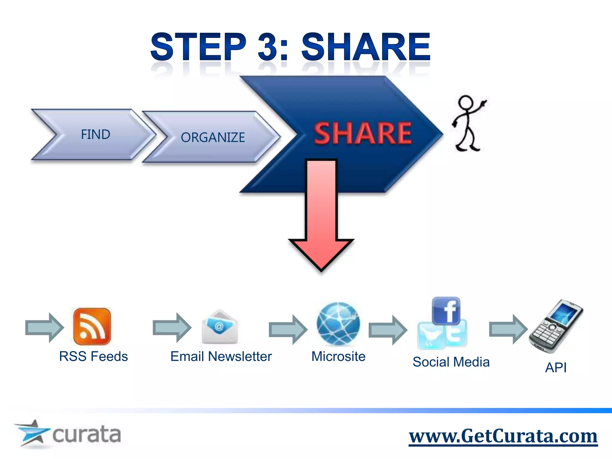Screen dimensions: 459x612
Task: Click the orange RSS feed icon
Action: pyautogui.click(x=92, y=326)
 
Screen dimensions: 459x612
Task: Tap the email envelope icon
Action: pyautogui.click(x=220, y=327)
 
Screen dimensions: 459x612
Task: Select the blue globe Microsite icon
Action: pyautogui.click(x=338, y=323)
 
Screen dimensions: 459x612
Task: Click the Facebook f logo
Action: pyautogui.click(x=446, y=311)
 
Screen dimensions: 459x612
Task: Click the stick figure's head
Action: pyautogui.click(x=466, y=103)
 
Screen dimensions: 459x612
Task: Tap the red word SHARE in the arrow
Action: pyautogui.click(x=362, y=134)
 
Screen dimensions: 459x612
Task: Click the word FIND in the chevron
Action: pyautogui.click(x=96, y=134)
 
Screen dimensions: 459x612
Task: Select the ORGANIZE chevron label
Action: pyautogui.click(x=213, y=137)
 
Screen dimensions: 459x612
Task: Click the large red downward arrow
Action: pyautogui.click(x=322, y=215)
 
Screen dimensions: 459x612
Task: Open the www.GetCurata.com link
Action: pyautogui.click(x=503, y=436)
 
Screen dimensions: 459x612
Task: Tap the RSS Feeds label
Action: pyautogui.click(x=94, y=356)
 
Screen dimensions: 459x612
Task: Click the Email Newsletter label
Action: pyautogui.click(x=221, y=356)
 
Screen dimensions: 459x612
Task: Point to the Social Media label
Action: pyautogui.click(x=451, y=362)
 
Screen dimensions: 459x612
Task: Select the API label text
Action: pyautogui.click(x=556, y=367)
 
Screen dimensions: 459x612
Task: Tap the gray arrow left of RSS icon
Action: pyautogui.click(x=44, y=328)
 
